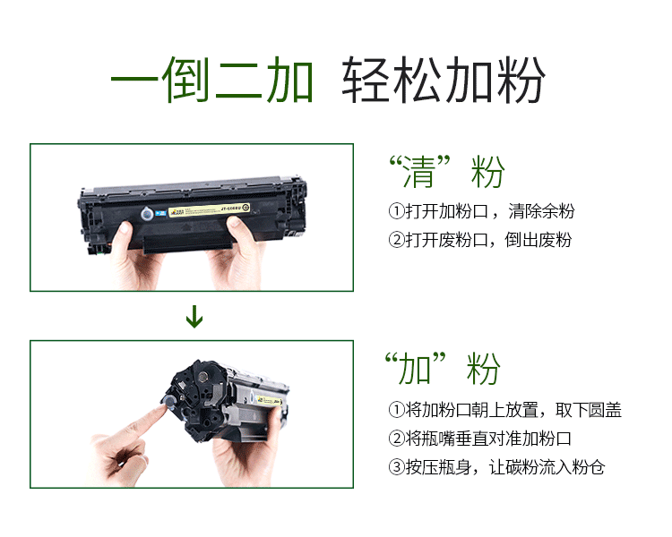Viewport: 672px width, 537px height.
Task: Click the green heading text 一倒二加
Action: click(212, 82)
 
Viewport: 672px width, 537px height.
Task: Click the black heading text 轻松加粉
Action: click(444, 82)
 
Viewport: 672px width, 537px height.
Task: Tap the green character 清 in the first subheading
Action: click(423, 173)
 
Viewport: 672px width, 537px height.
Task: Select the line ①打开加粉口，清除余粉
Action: click(481, 212)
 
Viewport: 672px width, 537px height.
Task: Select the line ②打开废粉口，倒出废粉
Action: click(479, 240)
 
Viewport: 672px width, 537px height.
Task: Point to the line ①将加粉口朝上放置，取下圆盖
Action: click(504, 411)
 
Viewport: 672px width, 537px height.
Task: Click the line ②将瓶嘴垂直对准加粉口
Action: click(479, 439)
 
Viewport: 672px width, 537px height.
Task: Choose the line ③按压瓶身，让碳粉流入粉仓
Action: click(495, 467)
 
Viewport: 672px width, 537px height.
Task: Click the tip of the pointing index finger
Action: click(164, 405)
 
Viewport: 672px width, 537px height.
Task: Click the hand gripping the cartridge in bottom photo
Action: click(246, 456)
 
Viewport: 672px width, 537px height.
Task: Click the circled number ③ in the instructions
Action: click(396, 467)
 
